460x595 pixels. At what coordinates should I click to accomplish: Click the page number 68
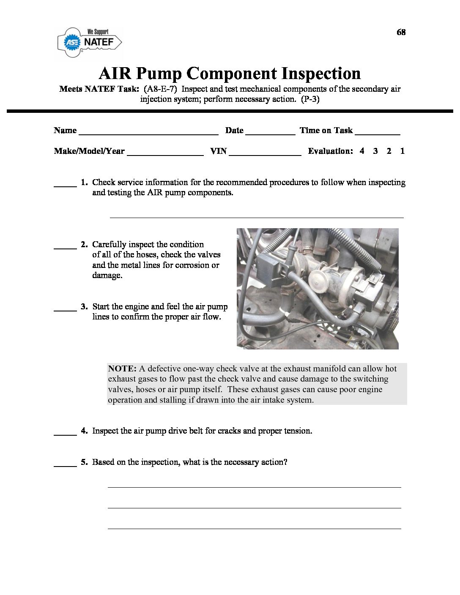[x=401, y=32]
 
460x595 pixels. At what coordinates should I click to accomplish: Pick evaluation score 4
[x=362, y=151]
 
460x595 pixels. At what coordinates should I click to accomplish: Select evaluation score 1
[x=402, y=151]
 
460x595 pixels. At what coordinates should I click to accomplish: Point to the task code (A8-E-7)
[x=162, y=89]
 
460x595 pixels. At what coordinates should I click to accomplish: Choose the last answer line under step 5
[x=254, y=528]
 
